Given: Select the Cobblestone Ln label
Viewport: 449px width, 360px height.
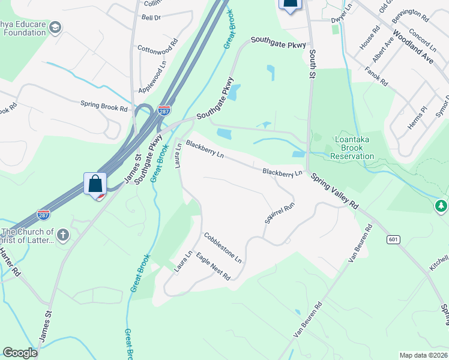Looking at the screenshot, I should pos(222,249).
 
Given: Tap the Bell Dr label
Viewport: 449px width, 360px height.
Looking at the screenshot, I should pos(151,18).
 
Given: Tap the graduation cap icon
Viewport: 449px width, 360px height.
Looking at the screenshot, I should pos(55,28).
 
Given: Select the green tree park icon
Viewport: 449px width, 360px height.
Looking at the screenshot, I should pos(441,206).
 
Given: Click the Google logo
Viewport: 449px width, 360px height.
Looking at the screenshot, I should pos(20,353).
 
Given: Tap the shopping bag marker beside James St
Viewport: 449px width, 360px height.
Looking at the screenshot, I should pos(95,183).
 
